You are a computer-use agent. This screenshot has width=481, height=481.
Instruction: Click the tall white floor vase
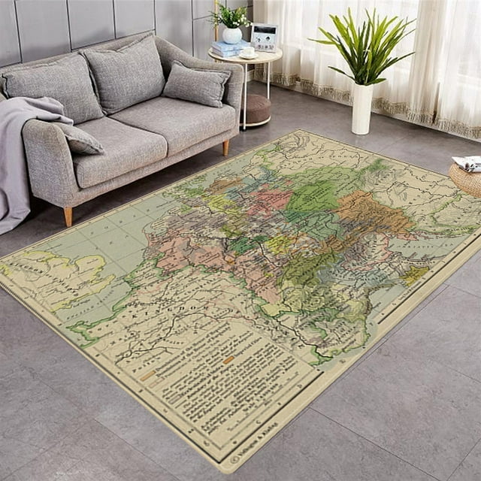[362, 108]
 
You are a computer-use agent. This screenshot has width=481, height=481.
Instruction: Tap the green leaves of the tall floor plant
[365, 44]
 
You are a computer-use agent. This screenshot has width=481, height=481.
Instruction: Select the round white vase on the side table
[232, 35]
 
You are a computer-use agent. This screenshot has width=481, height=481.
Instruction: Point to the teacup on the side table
[247, 52]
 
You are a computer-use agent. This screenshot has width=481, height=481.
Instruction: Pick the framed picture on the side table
[264, 36]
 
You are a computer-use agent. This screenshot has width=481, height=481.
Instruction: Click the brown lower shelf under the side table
[256, 110]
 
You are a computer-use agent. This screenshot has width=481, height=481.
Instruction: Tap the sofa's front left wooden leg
[68, 216]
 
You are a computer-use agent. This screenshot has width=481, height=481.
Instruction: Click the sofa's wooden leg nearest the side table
[225, 147]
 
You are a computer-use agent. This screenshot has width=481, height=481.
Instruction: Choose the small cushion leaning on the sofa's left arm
[79, 138]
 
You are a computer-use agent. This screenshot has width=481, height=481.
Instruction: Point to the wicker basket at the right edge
[467, 178]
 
